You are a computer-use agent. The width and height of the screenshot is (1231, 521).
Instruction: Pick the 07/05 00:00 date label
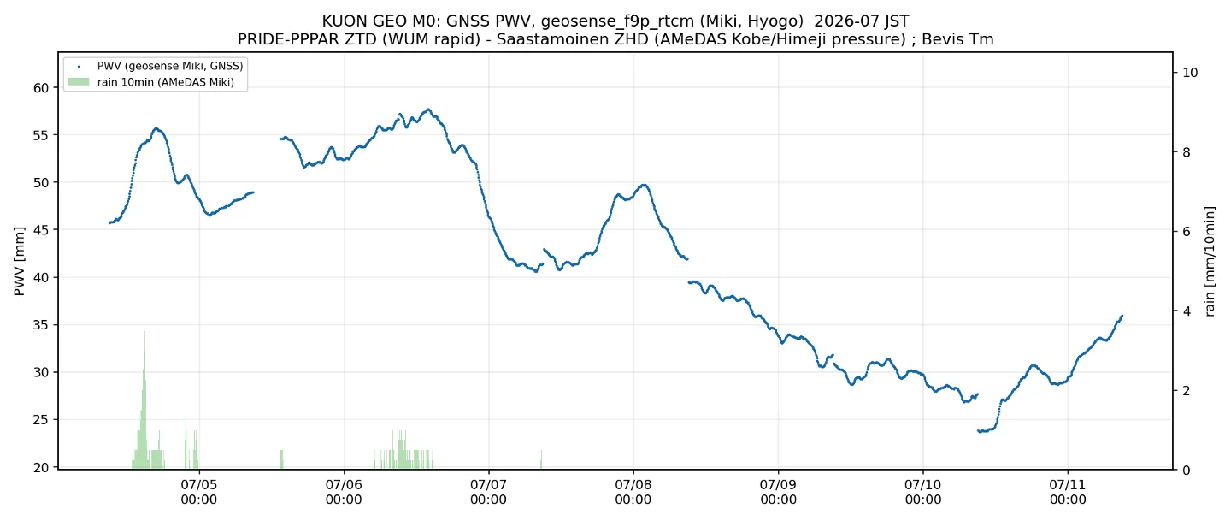199,493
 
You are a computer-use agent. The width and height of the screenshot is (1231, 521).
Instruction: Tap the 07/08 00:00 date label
633,493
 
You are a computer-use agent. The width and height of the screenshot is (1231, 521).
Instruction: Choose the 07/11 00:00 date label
1068,493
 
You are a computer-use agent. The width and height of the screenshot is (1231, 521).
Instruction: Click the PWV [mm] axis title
19,261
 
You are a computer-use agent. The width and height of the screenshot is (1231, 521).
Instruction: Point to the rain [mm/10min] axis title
1210,261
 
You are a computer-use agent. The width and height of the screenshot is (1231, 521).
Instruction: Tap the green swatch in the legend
78,82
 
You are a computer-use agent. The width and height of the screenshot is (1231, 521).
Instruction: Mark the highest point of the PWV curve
428,110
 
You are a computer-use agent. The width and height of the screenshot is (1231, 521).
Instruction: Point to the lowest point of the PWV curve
980,431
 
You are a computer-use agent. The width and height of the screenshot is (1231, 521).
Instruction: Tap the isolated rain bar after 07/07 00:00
541,459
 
